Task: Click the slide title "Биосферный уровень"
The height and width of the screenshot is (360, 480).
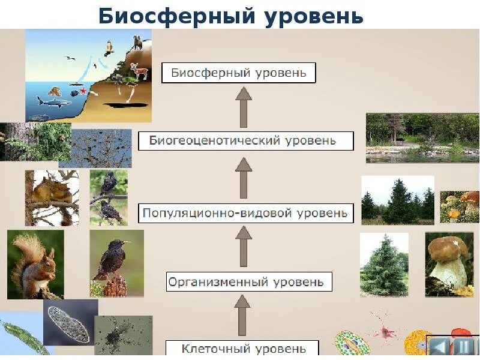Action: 231,16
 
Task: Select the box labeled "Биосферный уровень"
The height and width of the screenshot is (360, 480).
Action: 239,73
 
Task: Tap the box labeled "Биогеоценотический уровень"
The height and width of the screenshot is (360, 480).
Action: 245,142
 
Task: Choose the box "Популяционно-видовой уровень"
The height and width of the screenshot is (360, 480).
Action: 246,212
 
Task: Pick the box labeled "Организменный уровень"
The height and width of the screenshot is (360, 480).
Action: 248,281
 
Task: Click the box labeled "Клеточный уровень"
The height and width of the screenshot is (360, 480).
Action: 242,348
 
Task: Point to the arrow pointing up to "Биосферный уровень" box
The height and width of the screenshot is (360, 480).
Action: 243,107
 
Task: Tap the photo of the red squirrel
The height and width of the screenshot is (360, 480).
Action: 35,264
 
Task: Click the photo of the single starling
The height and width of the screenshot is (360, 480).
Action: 116,263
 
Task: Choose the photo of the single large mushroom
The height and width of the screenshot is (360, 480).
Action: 449,264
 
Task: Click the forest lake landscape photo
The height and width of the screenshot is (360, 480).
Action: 422,137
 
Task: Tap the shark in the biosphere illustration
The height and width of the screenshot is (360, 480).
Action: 53,101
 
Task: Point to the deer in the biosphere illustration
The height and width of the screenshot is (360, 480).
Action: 139,72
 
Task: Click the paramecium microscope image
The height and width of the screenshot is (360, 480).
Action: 70,322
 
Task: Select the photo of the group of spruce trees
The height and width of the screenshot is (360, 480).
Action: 397,200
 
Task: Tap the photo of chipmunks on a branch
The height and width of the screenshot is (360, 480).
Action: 52,197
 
